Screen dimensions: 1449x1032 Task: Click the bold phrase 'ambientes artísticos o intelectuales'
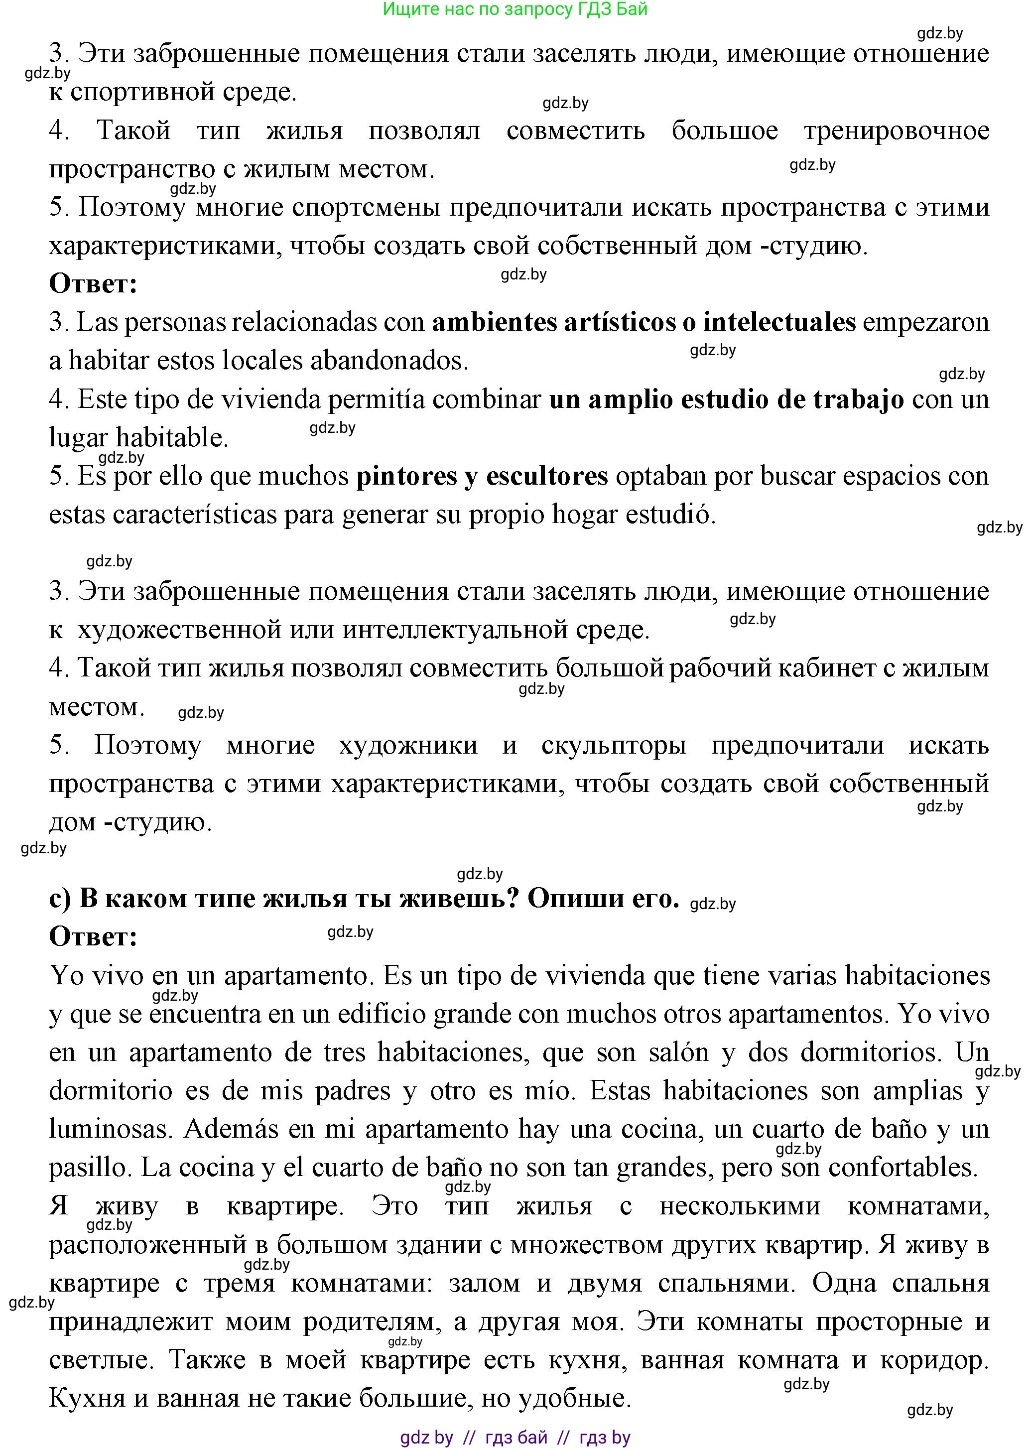coord(644,323)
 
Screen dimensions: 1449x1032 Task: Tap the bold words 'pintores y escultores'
coord(482,477)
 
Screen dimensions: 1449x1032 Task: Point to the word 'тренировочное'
coord(896,131)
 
